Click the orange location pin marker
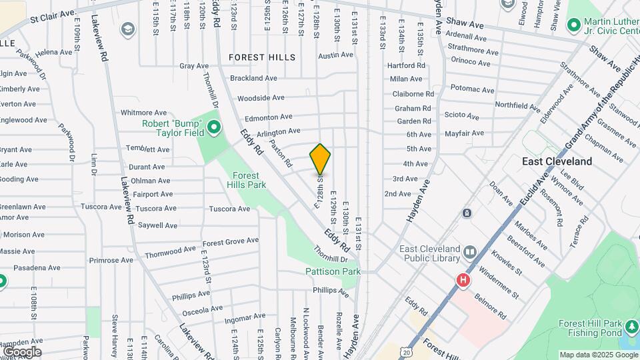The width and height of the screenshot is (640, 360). (x=320, y=159)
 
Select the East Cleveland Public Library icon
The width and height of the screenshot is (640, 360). (x=471, y=252)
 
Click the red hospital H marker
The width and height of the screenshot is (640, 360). (x=461, y=281)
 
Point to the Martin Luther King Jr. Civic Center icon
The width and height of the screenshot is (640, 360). (x=572, y=25)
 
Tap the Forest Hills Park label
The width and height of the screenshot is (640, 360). (x=246, y=180)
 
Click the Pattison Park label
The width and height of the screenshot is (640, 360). (x=333, y=271)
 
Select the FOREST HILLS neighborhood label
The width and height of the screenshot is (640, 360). (x=262, y=57)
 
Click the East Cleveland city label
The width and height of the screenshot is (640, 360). (x=557, y=161)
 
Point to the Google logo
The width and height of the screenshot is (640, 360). (x=22, y=351)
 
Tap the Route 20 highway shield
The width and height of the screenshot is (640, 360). (x=407, y=351)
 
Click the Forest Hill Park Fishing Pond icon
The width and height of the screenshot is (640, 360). (x=631, y=327)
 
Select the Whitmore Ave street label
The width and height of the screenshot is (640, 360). (x=143, y=113)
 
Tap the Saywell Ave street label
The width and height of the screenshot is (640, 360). (x=157, y=225)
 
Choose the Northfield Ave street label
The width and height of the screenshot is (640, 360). (x=517, y=105)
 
